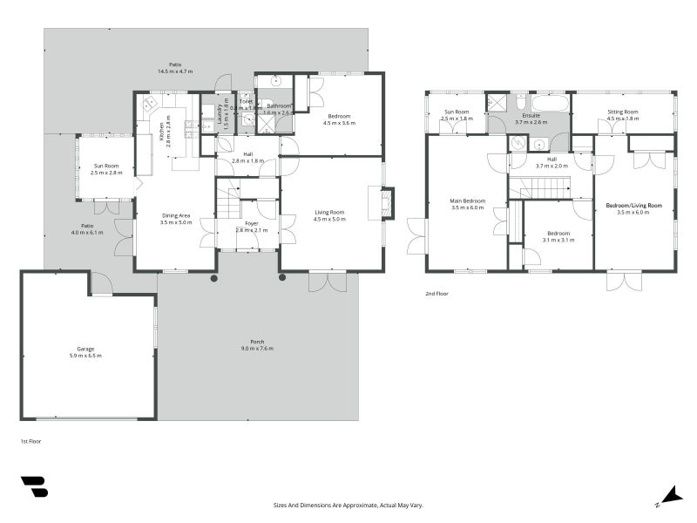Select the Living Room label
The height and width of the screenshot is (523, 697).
pos(330,215)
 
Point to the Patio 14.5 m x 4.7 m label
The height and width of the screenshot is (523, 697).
pos(175,67)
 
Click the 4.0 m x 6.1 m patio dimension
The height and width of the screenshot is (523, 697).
pos(87,233)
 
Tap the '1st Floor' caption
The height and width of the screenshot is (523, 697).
pos(30,442)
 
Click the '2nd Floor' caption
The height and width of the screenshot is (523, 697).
pos(437,294)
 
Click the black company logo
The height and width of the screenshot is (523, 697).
pos(34,486)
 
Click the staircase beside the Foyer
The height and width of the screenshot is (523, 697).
pos(228,205)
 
